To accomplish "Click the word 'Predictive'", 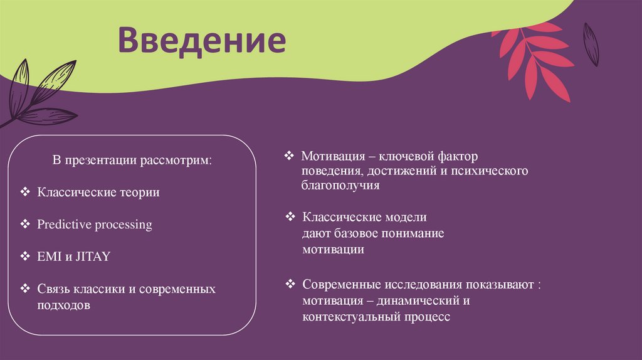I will click(63, 225).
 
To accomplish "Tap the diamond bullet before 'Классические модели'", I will click(290, 217).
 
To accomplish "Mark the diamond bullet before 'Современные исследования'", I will click(290, 284).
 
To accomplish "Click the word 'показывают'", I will click(498, 284).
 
